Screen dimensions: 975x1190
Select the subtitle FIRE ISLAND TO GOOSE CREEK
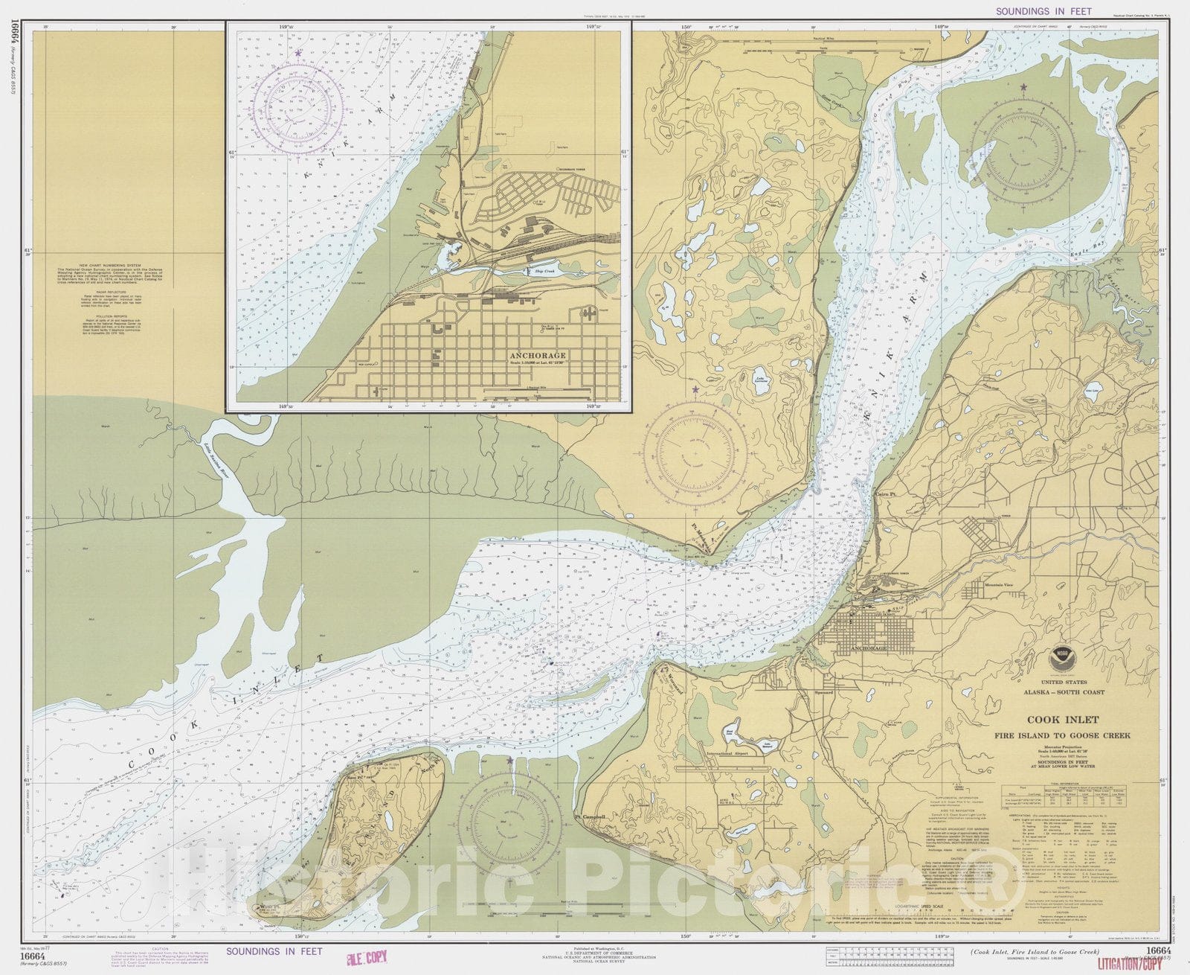point(1073,735)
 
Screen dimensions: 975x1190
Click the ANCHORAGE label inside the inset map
point(538,356)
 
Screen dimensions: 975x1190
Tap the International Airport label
point(729,752)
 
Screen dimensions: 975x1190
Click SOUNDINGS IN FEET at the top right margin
point(1043,11)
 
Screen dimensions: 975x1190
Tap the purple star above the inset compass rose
point(298,54)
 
